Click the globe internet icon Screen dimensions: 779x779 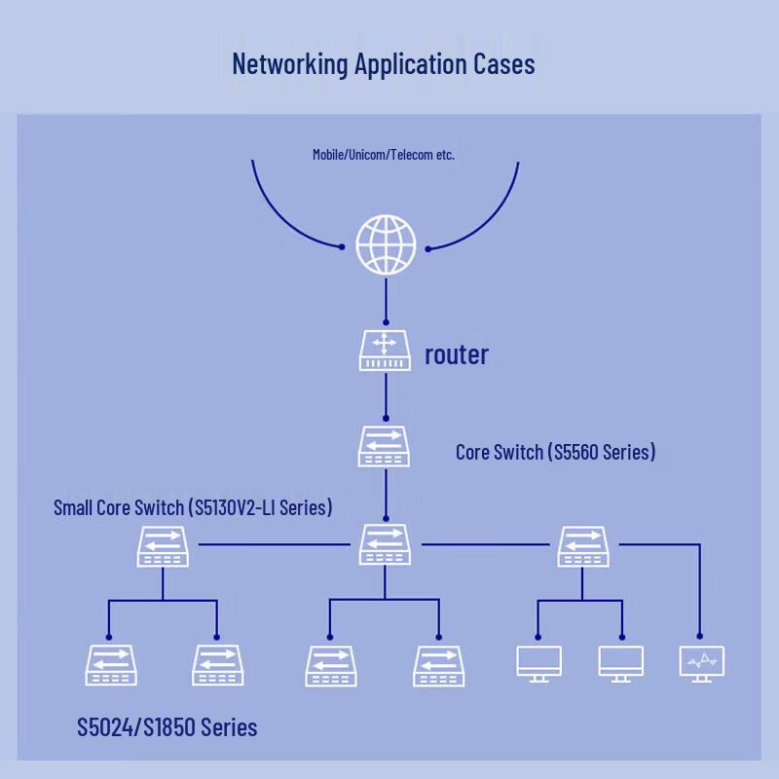pos(386,244)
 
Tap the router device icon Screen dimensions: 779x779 pos(385,351)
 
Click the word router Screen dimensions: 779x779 pos(457,354)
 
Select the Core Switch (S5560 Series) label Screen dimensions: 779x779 pos(555,452)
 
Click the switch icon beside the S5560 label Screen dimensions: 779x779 pos(384,446)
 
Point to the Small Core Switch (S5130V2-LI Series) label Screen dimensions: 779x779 pos(193,507)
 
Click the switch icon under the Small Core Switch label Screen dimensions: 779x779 pos(163,546)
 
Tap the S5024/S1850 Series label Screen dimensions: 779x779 pos(167,726)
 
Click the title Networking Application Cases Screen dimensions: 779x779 pos(384,64)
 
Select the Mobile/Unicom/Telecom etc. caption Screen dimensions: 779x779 pos(384,155)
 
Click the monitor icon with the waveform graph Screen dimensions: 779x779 pos(701,664)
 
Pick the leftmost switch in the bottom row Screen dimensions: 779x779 pos(111,665)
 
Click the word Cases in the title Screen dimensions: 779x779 pos(503,64)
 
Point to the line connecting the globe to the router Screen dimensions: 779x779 pos(386,301)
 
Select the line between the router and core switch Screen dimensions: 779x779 pos(386,397)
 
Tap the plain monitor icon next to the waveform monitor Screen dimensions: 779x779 pos(621,664)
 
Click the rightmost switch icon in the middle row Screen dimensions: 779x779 pos(583,546)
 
